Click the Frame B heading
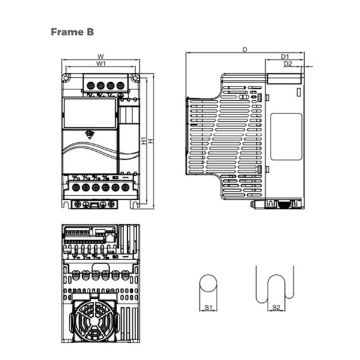click(72, 31)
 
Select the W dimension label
click(101, 57)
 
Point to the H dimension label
click(151, 141)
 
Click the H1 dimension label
click(144, 141)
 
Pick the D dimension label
click(245, 50)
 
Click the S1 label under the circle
click(209, 307)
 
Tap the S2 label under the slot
click(275, 307)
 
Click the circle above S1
click(209, 286)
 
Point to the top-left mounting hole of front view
click(67, 77)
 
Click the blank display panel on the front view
click(90, 113)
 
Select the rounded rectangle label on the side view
click(286, 136)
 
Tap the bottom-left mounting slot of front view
click(66, 204)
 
